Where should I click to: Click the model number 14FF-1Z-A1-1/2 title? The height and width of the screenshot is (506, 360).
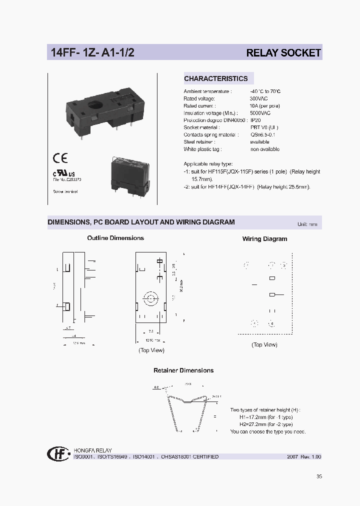tap(93, 53)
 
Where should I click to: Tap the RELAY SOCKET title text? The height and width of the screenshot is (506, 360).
tap(283, 53)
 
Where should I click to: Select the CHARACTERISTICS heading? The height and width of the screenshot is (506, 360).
tap(215, 78)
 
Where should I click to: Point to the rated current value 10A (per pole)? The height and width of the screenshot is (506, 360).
tap(265, 106)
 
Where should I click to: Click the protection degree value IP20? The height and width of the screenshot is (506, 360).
tap(255, 120)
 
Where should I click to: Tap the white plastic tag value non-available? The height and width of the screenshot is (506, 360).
tap(265, 149)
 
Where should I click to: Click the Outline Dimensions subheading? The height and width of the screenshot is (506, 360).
tap(115, 238)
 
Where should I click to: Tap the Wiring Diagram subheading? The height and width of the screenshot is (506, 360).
tap(264, 239)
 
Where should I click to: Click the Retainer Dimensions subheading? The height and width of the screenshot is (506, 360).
tap(183, 370)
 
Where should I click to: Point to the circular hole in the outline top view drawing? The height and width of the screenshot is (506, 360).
tap(150, 300)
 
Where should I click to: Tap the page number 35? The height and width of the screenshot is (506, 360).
tap(319, 476)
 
